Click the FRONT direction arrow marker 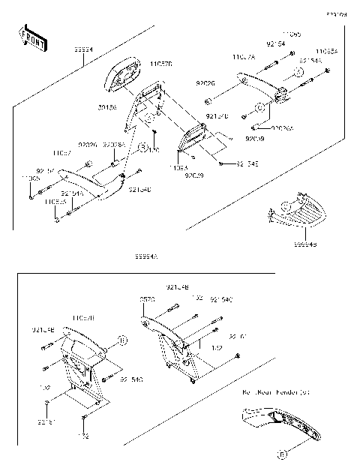click(x=34, y=39)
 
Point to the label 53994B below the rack click(x=304, y=243)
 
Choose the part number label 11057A click(x=244, y=57)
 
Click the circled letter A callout click(x=298, y=71)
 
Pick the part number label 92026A click(x=283, y=128)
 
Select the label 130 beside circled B click(x=155, y=149)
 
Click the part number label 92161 click(x=46, y=421)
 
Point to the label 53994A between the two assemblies click(x=145, y=256)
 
